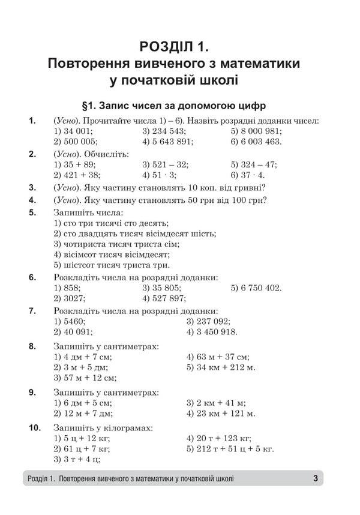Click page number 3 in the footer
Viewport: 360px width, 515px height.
315,478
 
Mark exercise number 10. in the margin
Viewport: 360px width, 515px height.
34,428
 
